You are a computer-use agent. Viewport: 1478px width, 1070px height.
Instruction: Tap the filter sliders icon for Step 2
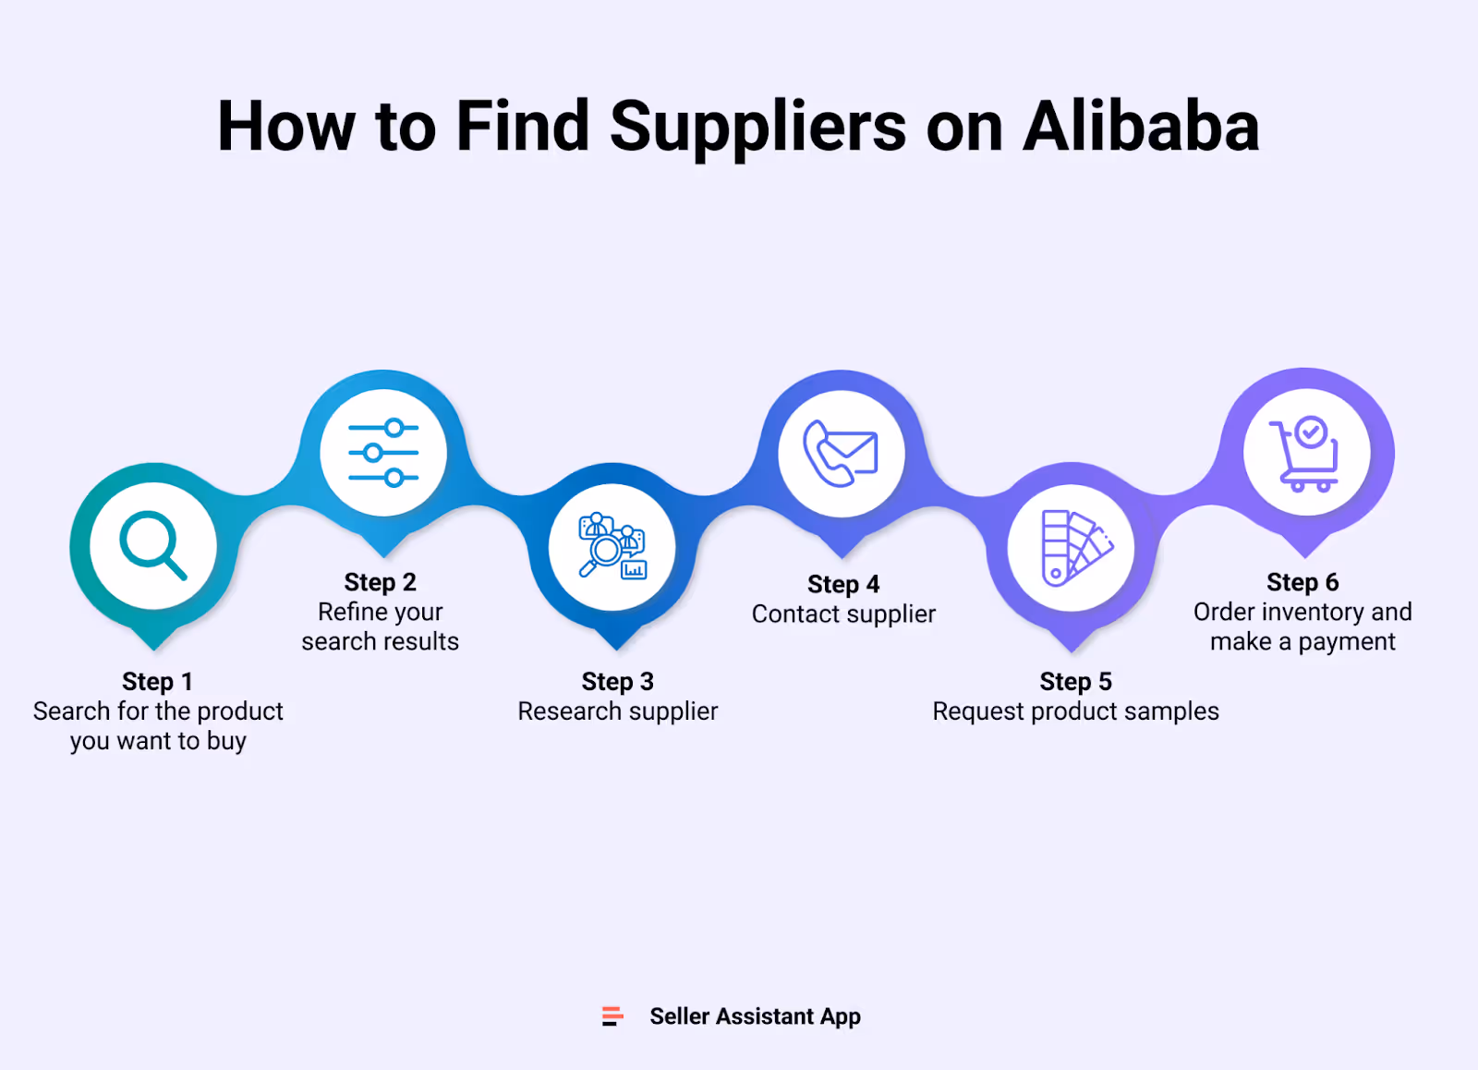383,453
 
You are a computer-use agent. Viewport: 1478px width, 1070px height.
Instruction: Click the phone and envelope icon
841,453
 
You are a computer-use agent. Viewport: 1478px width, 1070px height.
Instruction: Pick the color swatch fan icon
1072,548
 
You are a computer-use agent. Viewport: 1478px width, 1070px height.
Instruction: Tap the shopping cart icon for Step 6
1305,453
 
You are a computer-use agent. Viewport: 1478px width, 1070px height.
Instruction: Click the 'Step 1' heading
157,682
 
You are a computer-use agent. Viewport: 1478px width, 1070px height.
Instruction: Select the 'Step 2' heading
380,582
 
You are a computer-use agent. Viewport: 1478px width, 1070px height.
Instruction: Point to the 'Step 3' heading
617,682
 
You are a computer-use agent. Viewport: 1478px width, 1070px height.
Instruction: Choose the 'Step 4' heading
842,584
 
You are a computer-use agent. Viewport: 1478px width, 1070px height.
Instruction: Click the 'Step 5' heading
1075,682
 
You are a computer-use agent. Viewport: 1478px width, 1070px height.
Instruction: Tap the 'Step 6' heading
1302,582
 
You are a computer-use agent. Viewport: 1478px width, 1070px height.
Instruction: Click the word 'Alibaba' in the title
1141,127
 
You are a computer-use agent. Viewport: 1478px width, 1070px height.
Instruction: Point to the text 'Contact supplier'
842,614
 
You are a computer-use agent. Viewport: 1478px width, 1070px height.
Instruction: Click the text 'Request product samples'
1075,711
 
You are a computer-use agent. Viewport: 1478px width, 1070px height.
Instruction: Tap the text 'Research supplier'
617,711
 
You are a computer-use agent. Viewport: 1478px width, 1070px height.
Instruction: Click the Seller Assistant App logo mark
612,1016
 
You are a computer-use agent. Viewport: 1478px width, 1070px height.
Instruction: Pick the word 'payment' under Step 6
1347,642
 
